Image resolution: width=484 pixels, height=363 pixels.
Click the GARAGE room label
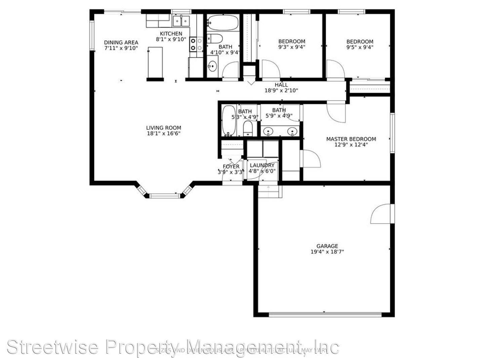click(327, 246)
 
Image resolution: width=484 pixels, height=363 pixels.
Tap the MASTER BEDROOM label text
click(351, 139)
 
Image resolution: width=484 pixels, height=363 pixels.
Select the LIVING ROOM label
click(163, 128)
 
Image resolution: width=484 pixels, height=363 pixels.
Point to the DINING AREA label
click(121, 42)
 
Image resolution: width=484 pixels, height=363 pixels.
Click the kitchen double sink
click(181, 21)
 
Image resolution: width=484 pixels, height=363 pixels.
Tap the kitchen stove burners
click(196, 44)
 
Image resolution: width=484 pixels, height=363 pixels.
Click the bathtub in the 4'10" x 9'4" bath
click(222, 23)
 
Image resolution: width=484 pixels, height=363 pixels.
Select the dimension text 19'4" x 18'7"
click(327, 252)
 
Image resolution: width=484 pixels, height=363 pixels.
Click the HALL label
click(281, 85)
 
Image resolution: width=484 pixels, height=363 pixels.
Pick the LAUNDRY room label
click(262, 165)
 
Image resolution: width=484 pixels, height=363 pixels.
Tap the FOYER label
click(231, 166)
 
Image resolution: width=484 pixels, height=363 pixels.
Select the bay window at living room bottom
click(164, 195)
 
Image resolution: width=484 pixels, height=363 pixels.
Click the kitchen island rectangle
click(155, 63)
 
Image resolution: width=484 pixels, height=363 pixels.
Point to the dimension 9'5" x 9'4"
click(360, 47)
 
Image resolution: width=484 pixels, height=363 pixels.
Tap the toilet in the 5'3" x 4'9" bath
click(248, 129)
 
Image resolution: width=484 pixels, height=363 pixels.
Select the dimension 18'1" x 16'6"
click(163, 133)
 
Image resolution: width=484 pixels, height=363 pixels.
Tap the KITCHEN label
click(171, 34)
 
